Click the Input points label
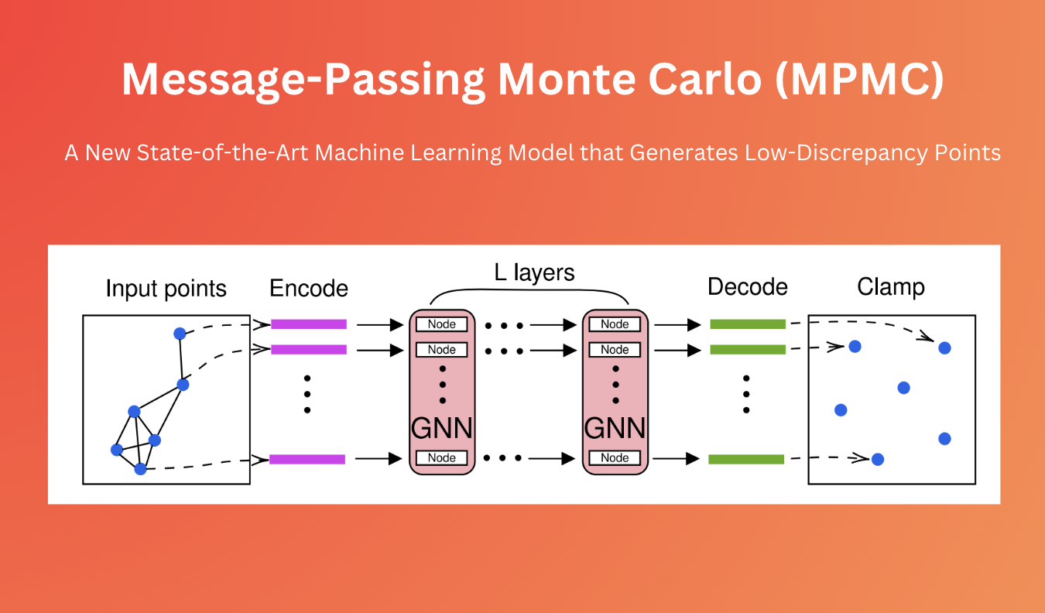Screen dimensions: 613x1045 point(166,289)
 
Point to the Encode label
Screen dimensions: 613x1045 point(309,289)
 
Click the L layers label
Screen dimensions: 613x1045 point(534,272)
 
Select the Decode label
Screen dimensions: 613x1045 point(747,287)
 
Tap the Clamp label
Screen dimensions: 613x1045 point(891,287)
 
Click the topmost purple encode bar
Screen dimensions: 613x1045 point(308,324)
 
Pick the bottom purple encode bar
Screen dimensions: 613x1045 point(307,459)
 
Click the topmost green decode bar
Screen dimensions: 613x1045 point(748,324)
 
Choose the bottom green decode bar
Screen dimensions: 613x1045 point(746,459)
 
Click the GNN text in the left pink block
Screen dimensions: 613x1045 point(441,428)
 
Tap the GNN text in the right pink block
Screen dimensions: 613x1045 point(615,428)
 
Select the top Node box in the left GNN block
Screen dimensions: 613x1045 point(441,324)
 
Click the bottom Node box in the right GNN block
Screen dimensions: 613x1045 point(615,458)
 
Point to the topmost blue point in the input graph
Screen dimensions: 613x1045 point(180,334)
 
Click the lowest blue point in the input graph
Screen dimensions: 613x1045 point(140,468)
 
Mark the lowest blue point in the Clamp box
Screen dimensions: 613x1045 point(877,459)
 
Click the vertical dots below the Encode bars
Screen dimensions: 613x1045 point(307,394)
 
